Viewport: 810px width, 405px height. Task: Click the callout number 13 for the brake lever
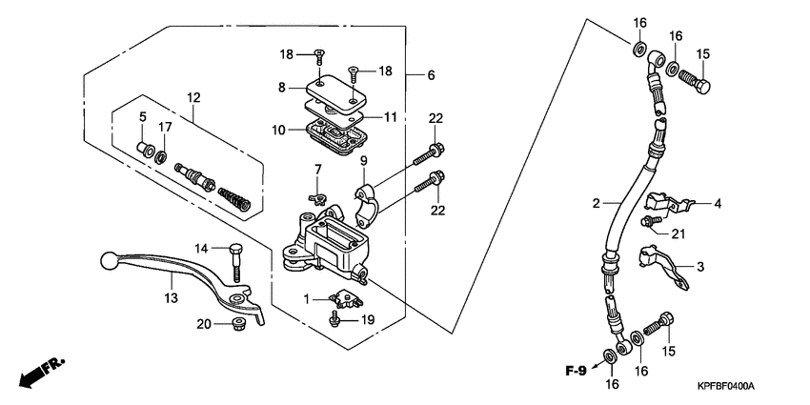[x=171, y=298]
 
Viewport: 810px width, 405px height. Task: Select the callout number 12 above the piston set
[x=193, y=97]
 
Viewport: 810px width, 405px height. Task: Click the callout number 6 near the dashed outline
[x=431, y=74]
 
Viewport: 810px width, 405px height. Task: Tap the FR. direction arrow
[x=42, y=369]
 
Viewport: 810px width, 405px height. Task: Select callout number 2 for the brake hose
[x=595, y=203]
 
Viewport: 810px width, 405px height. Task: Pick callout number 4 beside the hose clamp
[x=719, y=203]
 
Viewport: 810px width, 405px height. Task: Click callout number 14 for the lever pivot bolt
[x=202, y=249]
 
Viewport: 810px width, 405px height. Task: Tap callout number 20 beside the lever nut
[x=203, y=325]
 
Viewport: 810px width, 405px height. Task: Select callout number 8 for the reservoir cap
[x=282, y=88]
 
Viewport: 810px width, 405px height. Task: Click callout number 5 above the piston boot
[x=142, y=117]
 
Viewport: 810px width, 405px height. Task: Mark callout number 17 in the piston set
[x=165, y=127]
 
